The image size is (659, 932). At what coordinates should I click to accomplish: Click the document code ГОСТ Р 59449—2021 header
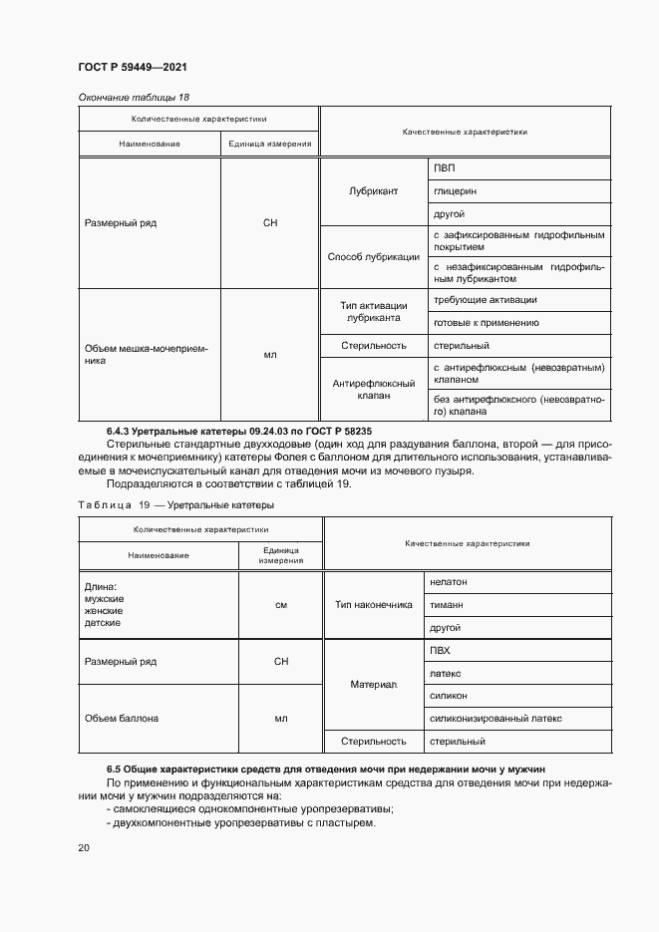tap(133, 67)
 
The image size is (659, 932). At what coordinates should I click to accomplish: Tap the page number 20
tap(84, 847)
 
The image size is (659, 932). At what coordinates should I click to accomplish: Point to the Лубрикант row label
tap(374, 190)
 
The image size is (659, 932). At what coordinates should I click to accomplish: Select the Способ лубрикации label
tap(374, 256)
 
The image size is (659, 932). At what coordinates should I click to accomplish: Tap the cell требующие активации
tap(486, 299)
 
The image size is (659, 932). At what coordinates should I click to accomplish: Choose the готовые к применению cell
tap(487, 322)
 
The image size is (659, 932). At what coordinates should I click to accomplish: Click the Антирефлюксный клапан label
tap(374, 389)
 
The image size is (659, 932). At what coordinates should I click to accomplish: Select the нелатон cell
tap(449, 581)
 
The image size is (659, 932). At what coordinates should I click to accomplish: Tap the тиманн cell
tap(447, 604)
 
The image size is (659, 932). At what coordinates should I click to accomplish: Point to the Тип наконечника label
tap(374, 604)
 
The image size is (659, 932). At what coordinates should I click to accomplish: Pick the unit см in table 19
tap(281, 604)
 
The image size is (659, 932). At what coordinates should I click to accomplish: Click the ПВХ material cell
tap(441, 650)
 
